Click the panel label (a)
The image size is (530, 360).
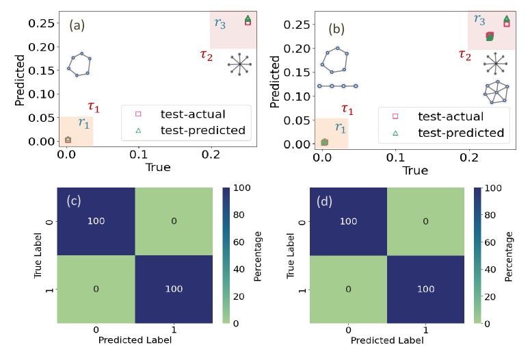tap(77, 26)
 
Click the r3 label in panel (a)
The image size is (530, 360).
tap(220, 23)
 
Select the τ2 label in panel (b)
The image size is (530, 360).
tap(465, 55)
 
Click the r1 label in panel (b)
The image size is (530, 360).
tap(340, 127)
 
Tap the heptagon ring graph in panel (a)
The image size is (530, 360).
tap(79, 64)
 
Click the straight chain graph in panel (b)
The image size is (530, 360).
tap(338, 86)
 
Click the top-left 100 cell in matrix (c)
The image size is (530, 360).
tap(96, 221)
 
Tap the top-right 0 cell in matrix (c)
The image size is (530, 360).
tap(174, 221)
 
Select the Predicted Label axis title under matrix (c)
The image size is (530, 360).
tap(135, 339)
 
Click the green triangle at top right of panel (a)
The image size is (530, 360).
tap(248, 18)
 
